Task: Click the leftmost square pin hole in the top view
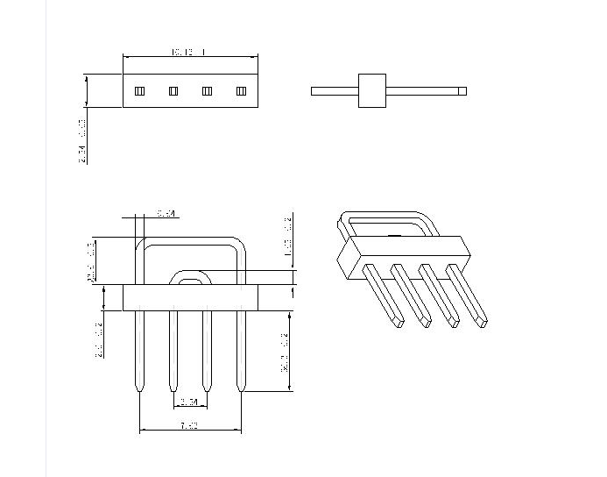point(139,91)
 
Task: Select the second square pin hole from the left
point(173,91)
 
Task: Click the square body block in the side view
point(371,90)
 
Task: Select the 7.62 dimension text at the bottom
point(189,426)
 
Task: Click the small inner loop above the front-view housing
point(190,277)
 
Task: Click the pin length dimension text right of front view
point(286,351)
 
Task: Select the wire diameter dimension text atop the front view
point(166,213)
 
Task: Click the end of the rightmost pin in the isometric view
point(481,322)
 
